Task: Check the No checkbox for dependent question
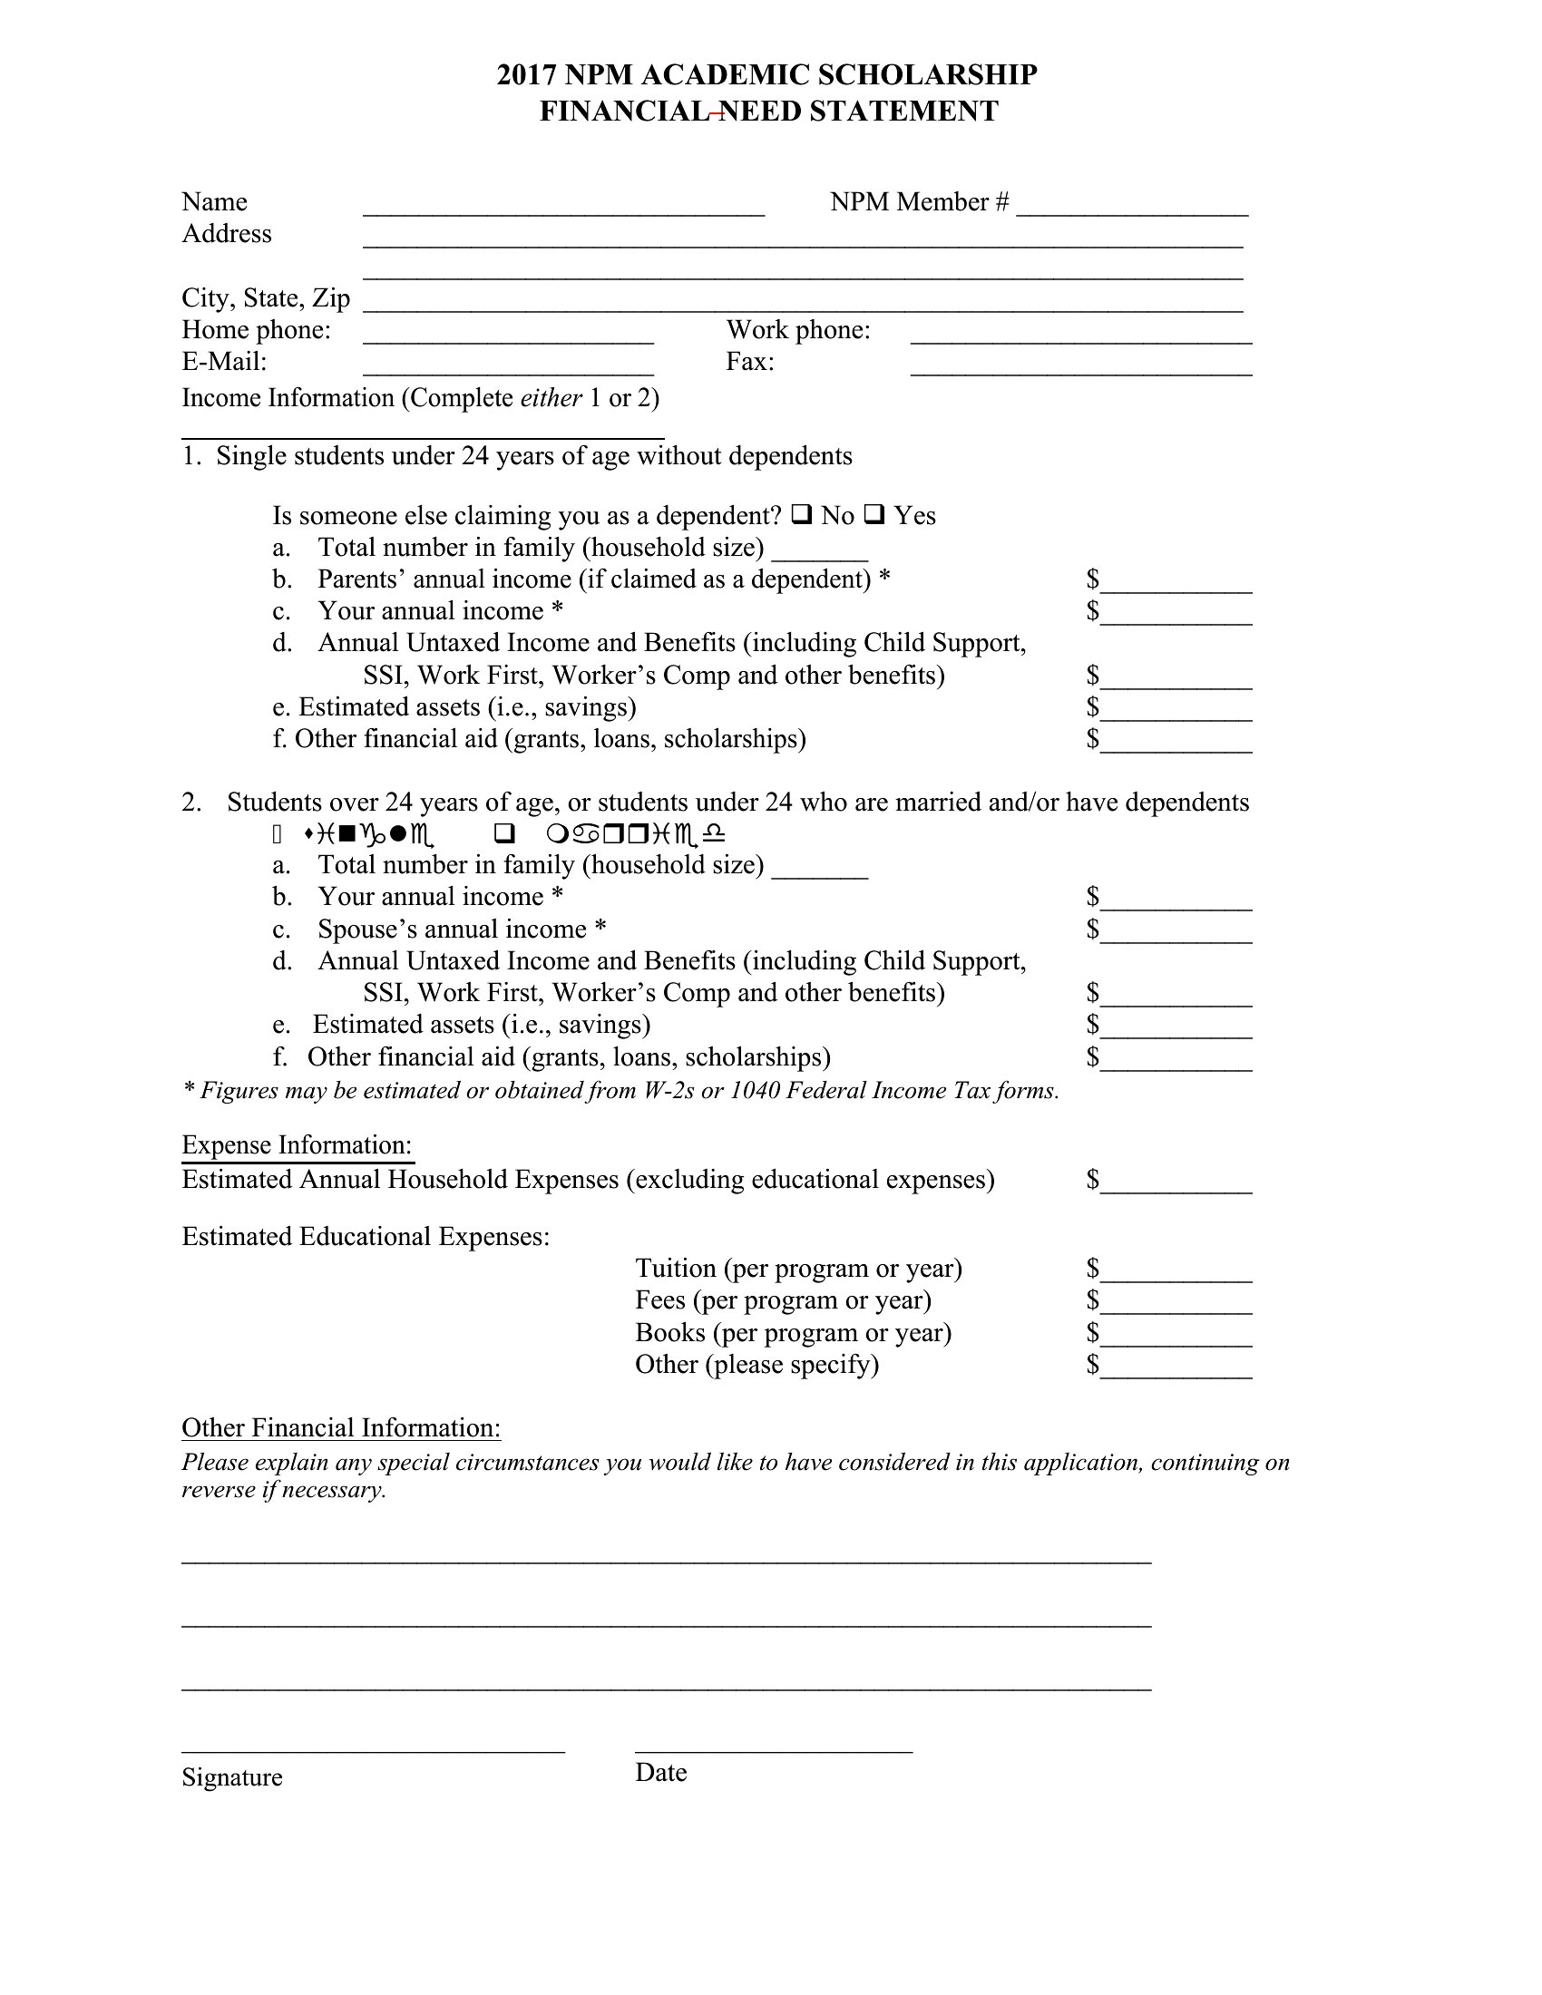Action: (x=801, y=515)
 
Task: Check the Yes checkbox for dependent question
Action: (x=874, y=515)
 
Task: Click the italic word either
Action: (x=551, y=398)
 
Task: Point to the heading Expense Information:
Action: (x=297, y=1145)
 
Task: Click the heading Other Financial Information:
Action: (x=341, y=1428)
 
